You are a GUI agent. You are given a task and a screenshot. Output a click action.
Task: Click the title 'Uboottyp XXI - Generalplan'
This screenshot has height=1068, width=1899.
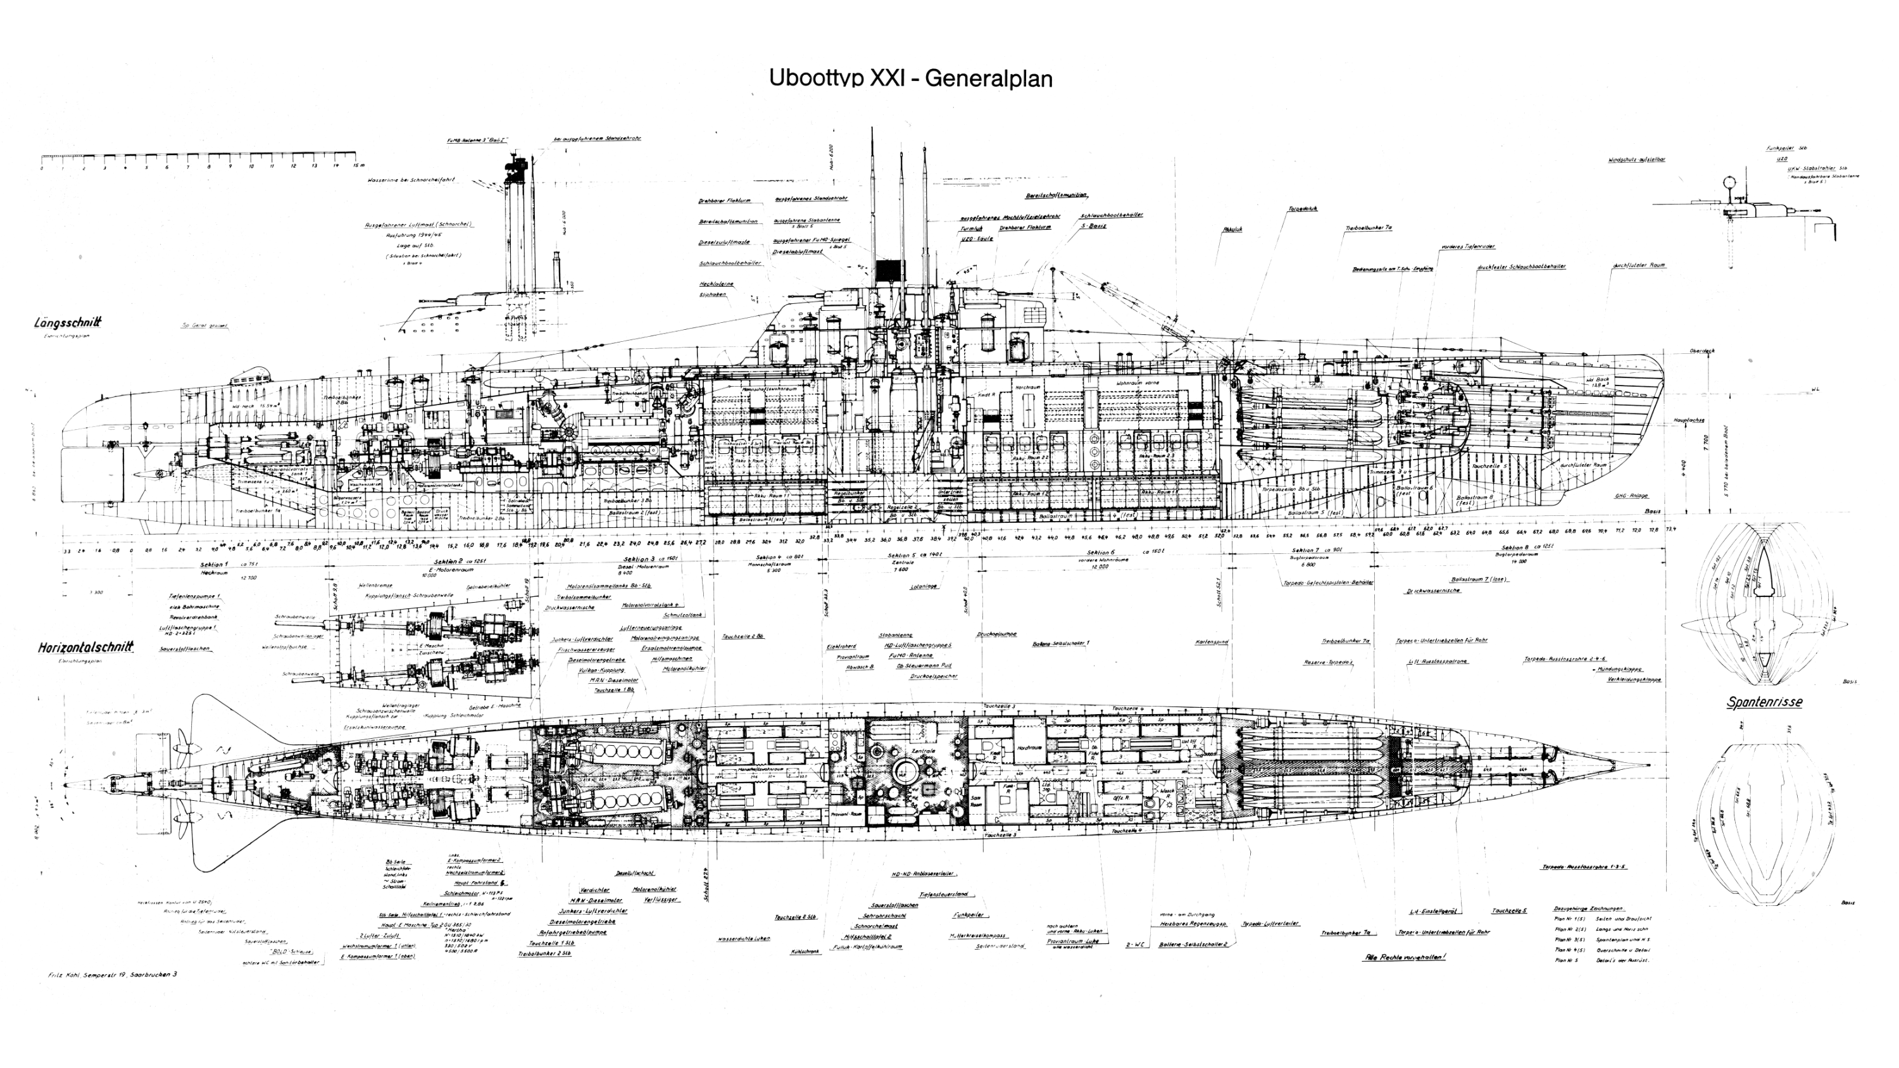(x=910, y=78)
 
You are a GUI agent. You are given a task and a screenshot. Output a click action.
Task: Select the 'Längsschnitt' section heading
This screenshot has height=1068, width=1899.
(x=68, y=323)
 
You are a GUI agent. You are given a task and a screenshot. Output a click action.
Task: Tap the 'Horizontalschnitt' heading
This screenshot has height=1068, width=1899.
(x=85, y=647)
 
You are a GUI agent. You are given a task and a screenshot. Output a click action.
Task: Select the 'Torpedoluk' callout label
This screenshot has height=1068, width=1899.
(x=1303, y=208)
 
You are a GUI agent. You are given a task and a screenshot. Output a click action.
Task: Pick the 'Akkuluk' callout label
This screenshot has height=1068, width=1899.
(x=1232, y=229)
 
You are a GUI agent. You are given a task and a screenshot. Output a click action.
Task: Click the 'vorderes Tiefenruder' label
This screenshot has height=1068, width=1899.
(x=1468, y=247)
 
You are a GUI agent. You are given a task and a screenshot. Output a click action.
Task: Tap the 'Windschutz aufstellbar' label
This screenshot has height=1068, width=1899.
(x=1636, y=159)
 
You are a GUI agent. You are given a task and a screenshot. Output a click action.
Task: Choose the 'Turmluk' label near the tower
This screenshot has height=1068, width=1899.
(x=971, y=229)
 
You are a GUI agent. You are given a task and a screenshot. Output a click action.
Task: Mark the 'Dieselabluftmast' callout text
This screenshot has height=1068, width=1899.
(x=797, y=252)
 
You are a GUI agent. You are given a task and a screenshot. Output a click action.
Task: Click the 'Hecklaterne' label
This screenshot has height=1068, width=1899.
(x=716, y=284)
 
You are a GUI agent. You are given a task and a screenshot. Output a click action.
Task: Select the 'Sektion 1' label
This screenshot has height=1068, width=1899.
(x=214, y=564)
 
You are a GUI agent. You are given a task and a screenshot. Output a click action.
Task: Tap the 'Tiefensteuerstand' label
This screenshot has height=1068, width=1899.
(x=944, y=894)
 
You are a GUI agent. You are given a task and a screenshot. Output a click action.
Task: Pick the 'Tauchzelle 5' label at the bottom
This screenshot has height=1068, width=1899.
(x=1509, y=911)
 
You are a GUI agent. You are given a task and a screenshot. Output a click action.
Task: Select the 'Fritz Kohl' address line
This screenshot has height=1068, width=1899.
(x=112, y=974)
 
